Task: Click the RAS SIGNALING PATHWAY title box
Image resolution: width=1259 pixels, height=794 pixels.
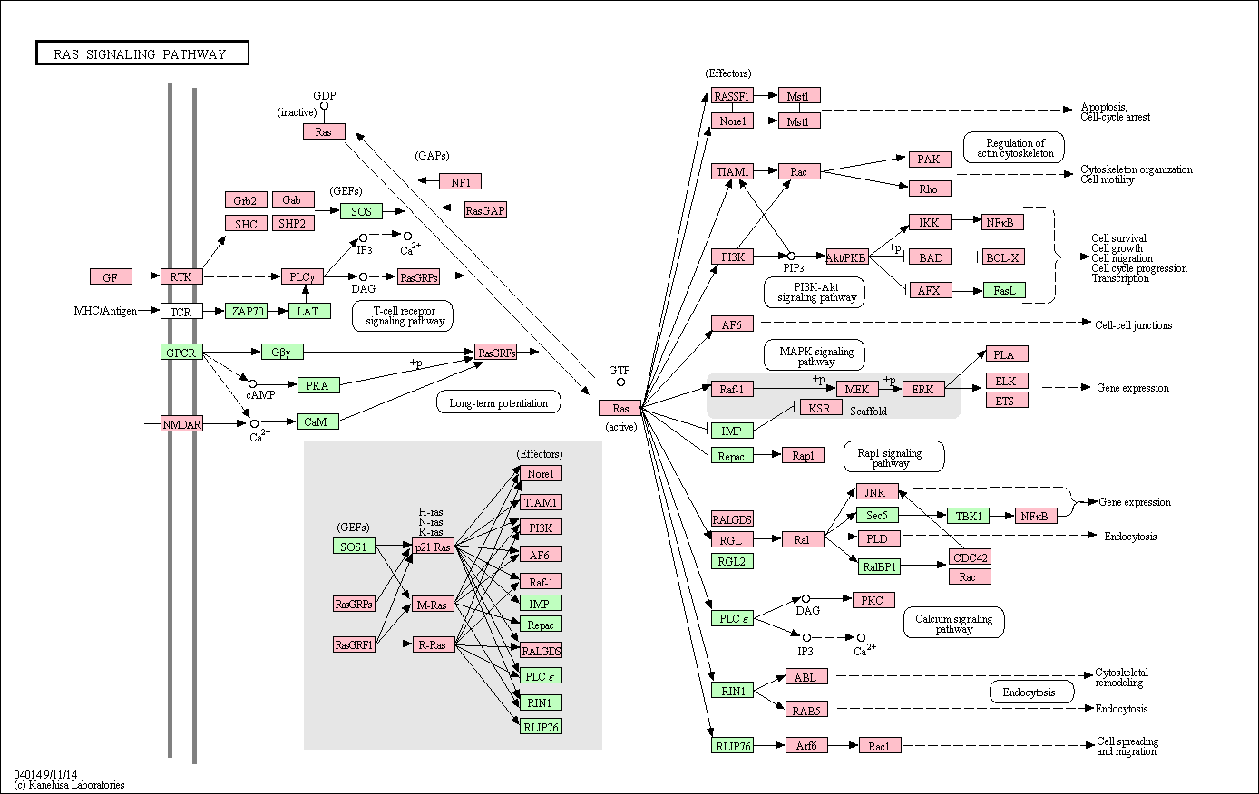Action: click(142, 53)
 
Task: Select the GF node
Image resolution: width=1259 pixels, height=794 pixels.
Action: click(111, 276)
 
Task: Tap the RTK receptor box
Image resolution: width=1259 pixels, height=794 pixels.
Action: click(181, 276)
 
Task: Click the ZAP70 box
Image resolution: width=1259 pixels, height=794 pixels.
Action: click(246, 311)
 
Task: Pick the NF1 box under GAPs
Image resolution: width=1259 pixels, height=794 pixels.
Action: click(460, 182)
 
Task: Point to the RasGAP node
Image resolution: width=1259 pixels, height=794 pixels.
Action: click(485, 210)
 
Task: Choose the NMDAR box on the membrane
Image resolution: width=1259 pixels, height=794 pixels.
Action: click(181, 424)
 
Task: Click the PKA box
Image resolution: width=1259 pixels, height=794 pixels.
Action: click(318, 385)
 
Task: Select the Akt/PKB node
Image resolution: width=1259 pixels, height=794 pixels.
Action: click(847, 257)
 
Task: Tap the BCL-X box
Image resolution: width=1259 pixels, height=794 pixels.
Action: click(1004, 257)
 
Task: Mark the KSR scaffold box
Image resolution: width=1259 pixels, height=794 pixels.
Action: click(821, 408)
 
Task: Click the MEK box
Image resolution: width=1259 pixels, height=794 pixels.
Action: click(857, 389)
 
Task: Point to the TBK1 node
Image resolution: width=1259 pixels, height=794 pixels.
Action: click(969, 516)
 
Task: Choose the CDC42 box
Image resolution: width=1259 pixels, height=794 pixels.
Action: click(971, 557)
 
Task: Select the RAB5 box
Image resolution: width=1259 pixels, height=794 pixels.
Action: click(806, 710)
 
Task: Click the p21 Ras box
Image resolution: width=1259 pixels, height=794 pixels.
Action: click(434, 547)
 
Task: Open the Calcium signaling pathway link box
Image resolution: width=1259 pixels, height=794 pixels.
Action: click(954, 623)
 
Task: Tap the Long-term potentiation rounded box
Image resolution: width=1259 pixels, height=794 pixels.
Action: click(499, 402)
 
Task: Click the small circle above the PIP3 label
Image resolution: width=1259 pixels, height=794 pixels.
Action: click(791, 257)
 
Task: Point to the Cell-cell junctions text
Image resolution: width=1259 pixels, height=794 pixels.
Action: click(1133, 325)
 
